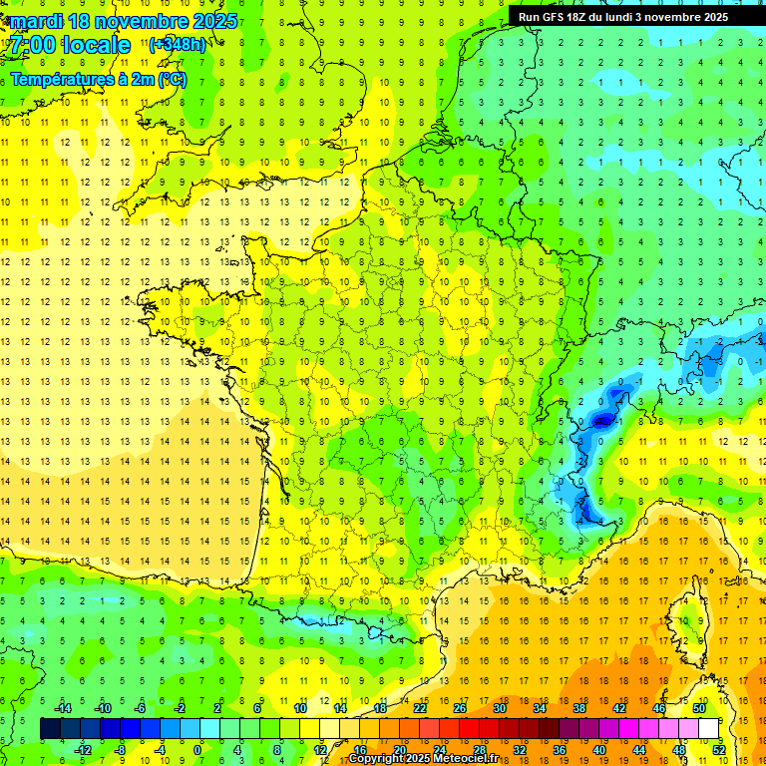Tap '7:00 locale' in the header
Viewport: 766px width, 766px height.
pos(71,45)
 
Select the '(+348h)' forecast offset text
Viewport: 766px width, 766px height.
pos(178,45)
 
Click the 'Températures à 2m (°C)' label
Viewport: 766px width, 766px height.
pos(99,79)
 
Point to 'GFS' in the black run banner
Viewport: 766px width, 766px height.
pos(559,17)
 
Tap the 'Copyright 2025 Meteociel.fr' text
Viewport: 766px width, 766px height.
pos(424,759)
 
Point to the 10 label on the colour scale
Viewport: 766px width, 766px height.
pos(300,708)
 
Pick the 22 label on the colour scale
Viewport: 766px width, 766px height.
pos(420,708)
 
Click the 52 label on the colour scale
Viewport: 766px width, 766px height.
pos(718,750)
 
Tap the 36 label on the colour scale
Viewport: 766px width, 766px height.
pos(559,750)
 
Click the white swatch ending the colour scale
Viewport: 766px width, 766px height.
pos(708,729)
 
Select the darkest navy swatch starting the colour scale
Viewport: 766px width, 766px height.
pos(50,729)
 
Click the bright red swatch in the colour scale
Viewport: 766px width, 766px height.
pos(469,729)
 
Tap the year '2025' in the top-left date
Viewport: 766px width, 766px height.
pos(214,21)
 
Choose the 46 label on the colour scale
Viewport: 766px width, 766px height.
pos(659,708)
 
